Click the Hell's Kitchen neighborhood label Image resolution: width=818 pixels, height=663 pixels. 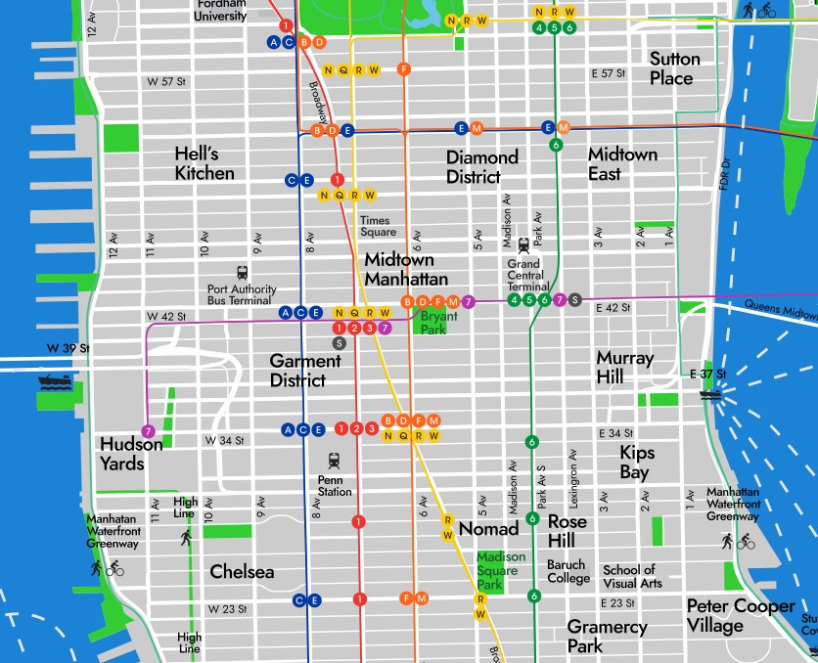click(204, 163)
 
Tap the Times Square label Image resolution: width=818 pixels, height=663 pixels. click(378, 226)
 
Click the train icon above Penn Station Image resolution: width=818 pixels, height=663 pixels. click(335, 460)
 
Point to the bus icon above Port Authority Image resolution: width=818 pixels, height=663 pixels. click(242, 274)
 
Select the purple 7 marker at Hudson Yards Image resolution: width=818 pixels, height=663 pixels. click(148, 431)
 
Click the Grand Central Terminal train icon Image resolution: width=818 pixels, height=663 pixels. click(523, 245)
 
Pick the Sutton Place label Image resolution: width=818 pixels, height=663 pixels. click(675, 68)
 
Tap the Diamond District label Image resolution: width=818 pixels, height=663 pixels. click(481, 166)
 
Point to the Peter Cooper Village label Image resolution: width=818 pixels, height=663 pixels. click(740, 615)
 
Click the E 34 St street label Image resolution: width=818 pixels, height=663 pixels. click(613, 433)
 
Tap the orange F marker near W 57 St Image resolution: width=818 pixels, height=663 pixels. click(403, 68)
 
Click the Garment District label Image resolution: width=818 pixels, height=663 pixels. click(305, 370)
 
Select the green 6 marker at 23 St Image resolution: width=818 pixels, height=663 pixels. click(533, 596)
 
